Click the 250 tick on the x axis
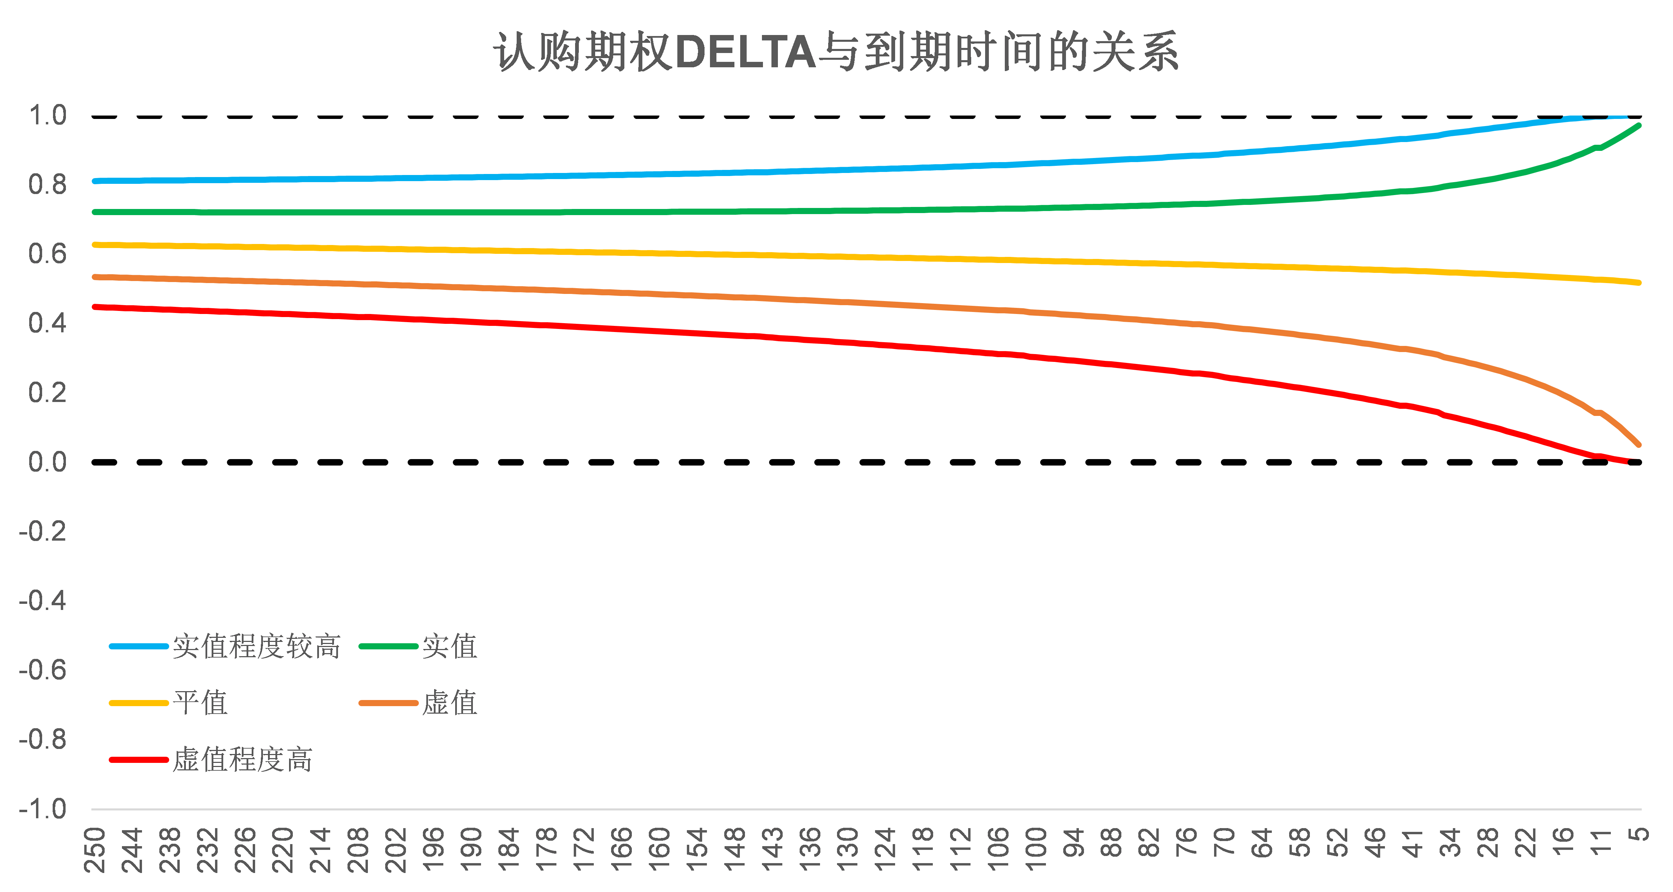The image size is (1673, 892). point(95,850)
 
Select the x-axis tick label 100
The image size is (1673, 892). point(1036,850)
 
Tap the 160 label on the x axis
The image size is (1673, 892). point(660,850)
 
